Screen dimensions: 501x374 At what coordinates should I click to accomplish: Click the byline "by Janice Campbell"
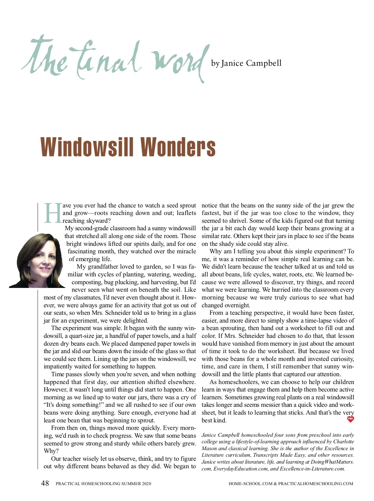tap(246, 63)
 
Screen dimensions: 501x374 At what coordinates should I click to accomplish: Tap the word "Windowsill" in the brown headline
tap(87, 147)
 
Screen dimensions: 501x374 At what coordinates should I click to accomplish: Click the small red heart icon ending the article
tap(350, 419)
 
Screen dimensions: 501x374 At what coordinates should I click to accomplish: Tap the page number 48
tap(45, 483)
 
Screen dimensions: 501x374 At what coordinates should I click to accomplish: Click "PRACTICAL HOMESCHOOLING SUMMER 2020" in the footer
tap(103, 484)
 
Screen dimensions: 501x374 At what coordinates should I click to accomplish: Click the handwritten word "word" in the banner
tap(178, 61)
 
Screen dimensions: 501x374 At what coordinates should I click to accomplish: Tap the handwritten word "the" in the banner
tap(45, 58)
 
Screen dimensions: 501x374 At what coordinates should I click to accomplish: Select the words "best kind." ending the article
tap(214, 420)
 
